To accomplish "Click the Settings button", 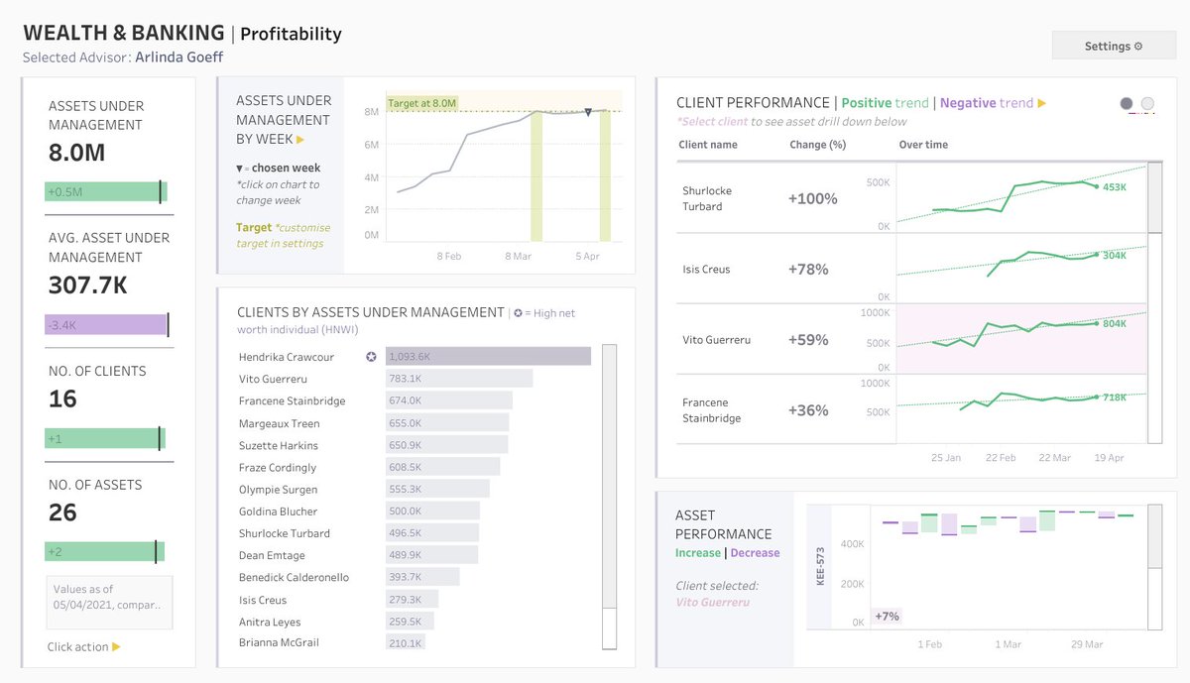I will click(x=1113, y=46).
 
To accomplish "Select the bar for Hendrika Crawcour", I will click(x=488, y=357).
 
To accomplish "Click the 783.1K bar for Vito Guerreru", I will click(x=459, y=379).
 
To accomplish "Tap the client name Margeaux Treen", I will click(x=279, y=423).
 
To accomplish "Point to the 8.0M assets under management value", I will click(x=76, y=153).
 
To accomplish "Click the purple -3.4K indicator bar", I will click(x=105, y=324).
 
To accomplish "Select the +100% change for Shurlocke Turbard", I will click(x=812, y=199).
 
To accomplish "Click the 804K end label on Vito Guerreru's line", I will click(x=1114, y=323).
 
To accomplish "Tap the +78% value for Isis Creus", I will click(x=808, y=270).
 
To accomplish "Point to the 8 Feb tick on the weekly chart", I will click(x=449, y=256).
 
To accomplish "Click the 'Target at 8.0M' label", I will click(x=421, y=103).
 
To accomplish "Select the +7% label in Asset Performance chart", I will click(x=887, y=617).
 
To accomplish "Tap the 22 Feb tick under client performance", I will click(x=1000, y=458).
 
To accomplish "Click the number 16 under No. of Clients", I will click(x=62, y=398).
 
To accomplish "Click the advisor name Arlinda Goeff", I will click(x=178, y=57).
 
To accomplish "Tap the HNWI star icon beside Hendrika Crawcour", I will click(x=371, y=357).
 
